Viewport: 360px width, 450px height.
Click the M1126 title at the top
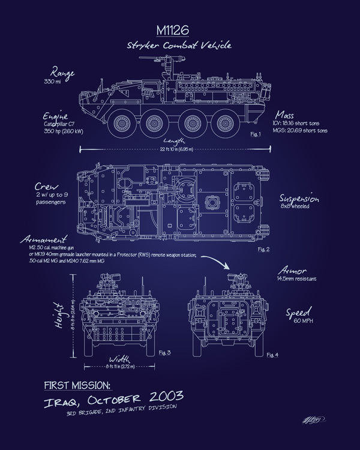point(179,30)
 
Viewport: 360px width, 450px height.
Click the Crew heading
point(53,187)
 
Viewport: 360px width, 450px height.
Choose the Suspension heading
point(300,198)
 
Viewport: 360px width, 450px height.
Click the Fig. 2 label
point(262,247)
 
